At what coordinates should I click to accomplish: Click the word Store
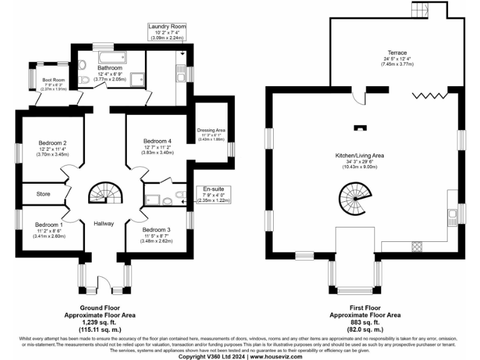coord(43,194)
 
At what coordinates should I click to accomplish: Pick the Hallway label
coord(103,223)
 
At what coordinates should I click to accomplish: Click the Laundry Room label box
coord(167,31)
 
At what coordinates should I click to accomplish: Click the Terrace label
coord(397,52)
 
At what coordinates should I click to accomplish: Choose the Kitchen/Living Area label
coord(359,155)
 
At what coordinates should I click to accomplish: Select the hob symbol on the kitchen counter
coord(416,246)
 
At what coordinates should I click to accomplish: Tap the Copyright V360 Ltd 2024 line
coord(240,356)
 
